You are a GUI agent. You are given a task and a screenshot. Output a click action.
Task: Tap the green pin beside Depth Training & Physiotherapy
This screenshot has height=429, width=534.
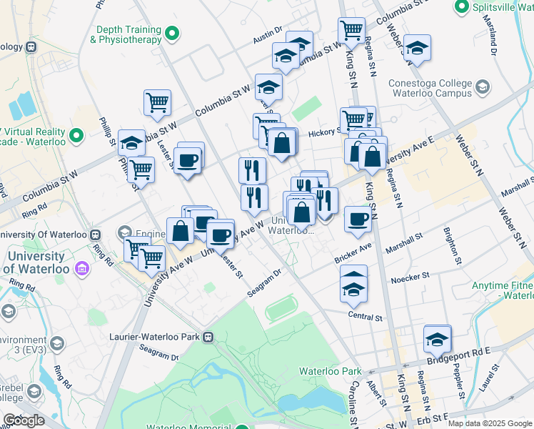[x=171, y=34]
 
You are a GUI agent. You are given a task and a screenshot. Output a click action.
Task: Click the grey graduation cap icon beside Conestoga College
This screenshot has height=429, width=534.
[x=483, y=87]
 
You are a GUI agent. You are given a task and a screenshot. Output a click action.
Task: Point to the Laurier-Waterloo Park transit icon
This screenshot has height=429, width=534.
[x=208, y=336]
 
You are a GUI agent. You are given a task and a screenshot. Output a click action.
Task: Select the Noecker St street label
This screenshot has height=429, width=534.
[x=410, y=275]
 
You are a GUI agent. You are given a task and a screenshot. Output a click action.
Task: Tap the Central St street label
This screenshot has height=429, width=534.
[x=366, y=315]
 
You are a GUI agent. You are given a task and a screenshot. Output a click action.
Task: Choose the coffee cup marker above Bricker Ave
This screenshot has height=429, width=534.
[x=358, y=219]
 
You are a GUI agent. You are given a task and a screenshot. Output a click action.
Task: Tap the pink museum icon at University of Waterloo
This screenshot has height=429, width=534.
[x=83, y=269]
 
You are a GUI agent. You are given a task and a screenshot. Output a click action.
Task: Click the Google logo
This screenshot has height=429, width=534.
[x=23, y=420]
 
